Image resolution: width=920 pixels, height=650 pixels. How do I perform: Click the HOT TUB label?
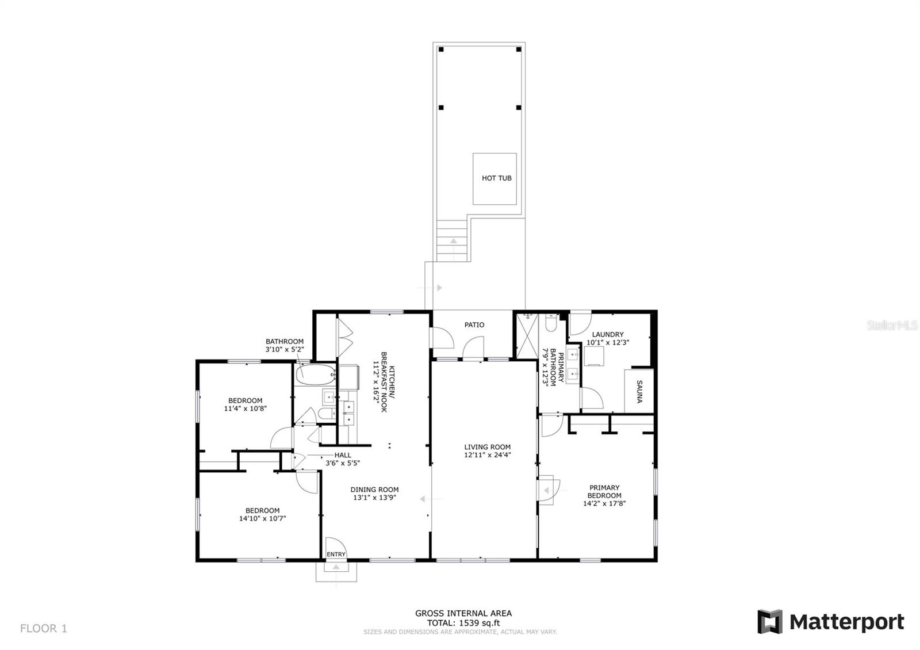(496, 178)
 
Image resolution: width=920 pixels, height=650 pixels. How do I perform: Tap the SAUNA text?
(639, 391)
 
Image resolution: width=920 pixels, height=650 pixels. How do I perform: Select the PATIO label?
(474, 325)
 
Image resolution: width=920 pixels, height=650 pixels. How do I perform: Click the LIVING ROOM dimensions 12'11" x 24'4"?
(488, 455)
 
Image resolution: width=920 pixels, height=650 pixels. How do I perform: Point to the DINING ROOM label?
(374, 490)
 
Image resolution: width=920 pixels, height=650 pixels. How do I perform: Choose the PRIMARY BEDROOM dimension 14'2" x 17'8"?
(604, 503)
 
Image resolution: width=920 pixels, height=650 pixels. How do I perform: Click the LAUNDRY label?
(608, 335)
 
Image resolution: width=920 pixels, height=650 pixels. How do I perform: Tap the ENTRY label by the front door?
(336, 555)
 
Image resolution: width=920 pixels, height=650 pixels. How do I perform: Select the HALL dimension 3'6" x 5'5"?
(343, 463)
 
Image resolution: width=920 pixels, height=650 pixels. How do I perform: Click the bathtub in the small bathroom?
(315, 375)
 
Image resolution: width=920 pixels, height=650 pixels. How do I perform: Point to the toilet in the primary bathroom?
(551, 324)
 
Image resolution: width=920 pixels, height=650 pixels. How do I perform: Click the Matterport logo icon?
(769, 622)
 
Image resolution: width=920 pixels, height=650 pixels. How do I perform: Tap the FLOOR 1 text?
(44, 629)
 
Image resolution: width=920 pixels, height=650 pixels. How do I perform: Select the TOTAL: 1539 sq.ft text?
(463, 623)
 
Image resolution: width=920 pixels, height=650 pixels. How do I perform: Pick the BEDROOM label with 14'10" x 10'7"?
(262, 510)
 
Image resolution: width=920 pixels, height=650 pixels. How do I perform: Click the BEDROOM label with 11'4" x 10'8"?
(245, 401)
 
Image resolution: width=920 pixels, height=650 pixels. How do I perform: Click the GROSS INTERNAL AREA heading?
(463, 613)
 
